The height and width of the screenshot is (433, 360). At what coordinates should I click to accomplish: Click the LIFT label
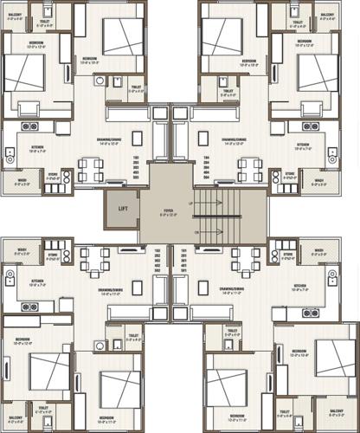click(x=123, y=208)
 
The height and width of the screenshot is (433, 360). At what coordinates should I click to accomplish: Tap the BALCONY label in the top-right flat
click(x=326, y=16)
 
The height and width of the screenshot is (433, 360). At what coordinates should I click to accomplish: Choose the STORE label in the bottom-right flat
click(x=286, y=254)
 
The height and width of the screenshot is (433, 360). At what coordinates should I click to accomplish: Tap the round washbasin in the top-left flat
click(x=100, y=81)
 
